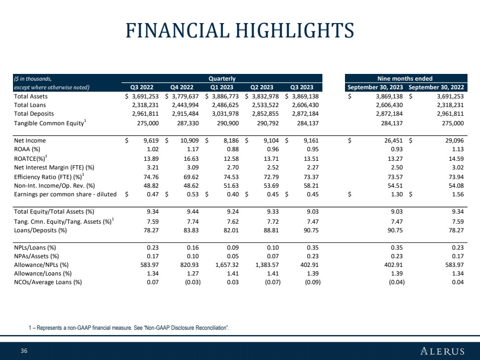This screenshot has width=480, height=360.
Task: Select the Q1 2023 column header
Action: pyautogui.click(x=222, y=87)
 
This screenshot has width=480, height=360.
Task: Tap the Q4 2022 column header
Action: pyautogui.click(x=182, y=87)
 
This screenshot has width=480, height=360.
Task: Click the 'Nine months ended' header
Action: pyautogui.click(x=405, y=78)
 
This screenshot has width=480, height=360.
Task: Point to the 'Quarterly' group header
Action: pyautogui.click(x=222, y=78)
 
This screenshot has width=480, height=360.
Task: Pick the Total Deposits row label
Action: pyautogui.click(x=34, y=113)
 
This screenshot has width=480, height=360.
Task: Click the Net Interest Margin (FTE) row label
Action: pyautogui.click(x=54, y=168)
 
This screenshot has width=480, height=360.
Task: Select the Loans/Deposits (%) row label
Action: pyautogui.click(x=40, y=230)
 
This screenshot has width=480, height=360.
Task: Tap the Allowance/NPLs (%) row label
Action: pyautogui.click(x=41, y=264)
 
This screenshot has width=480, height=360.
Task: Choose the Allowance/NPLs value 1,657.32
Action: pyautogui.click(x=227, y=264)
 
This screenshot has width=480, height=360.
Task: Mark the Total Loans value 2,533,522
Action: pyautogui.click(x=265, y=105)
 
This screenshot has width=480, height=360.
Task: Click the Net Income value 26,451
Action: pyautogui.click(x=394, y=140)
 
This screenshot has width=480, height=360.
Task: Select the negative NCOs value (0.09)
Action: pyautogui.click(x=312, y=282)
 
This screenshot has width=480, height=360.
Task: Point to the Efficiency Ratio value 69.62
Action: pyautogui.click(x=191, y=177)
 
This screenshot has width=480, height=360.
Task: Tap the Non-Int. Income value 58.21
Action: pyautogui.click(x=311, y=185)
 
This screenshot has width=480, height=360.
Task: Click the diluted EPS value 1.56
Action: pyautogui.click(x=457, y=194)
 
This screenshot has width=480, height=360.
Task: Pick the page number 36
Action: pyautogui.click(x=24, y=350)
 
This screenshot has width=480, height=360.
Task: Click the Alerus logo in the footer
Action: pyautogui.click(x=442, y=351)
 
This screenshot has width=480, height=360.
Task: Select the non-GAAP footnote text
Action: pyautogui.click(x=129, y=327)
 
